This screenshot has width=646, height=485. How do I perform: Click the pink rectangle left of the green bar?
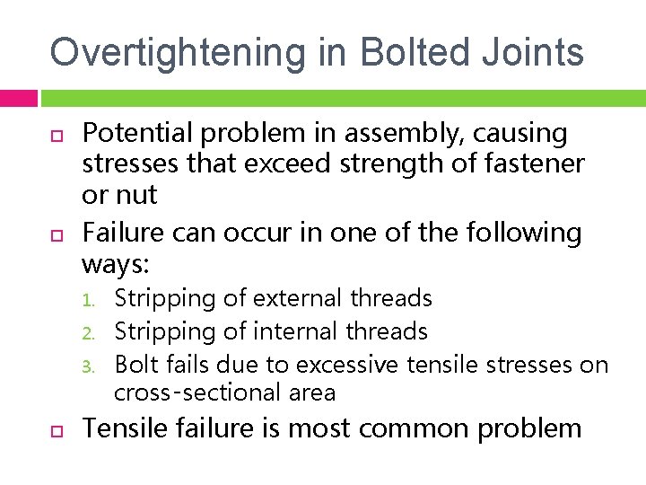click(x=18, y=98)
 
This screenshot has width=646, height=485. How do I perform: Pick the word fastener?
click(x=537, y=163)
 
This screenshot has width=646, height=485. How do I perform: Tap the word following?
click(x=524, y=233)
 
